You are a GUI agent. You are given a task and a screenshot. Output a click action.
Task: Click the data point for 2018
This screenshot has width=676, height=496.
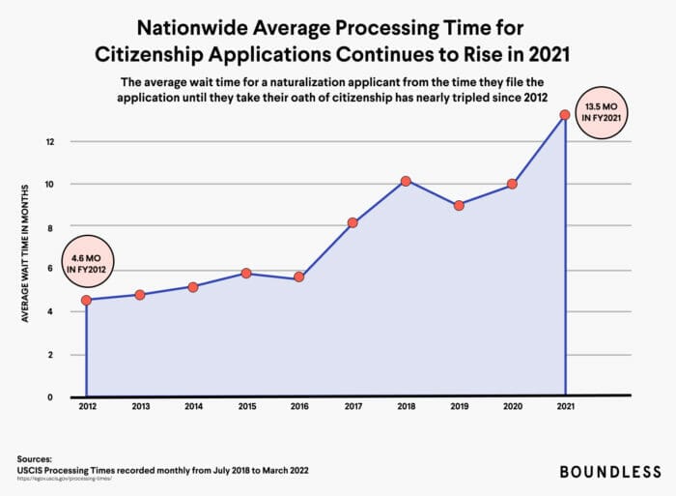click(406, 181)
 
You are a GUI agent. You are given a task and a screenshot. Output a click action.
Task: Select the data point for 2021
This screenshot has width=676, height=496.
click(565, 115)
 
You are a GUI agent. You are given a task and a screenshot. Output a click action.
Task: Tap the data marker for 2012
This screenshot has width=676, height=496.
click(87, 300)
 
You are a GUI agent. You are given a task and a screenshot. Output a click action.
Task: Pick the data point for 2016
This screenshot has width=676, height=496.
click(299, 277)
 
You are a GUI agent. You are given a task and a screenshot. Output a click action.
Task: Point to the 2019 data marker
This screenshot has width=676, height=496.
click(459, 205)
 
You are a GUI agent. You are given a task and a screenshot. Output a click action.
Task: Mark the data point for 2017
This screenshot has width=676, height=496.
click(352, 222)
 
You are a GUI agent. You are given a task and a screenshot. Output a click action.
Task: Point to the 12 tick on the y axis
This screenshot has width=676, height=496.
click(50, 142)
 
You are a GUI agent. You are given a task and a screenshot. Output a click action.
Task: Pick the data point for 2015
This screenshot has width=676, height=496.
click(246, 274)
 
